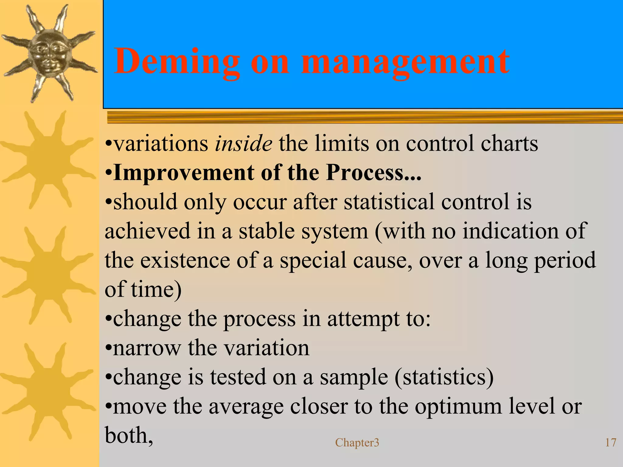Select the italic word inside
(x=243, y=143)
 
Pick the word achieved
(x=147, y=231)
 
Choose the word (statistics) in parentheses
(x=444, y=377)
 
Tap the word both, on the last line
(x=129, y=435)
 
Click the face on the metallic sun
(x=49, y=53)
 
